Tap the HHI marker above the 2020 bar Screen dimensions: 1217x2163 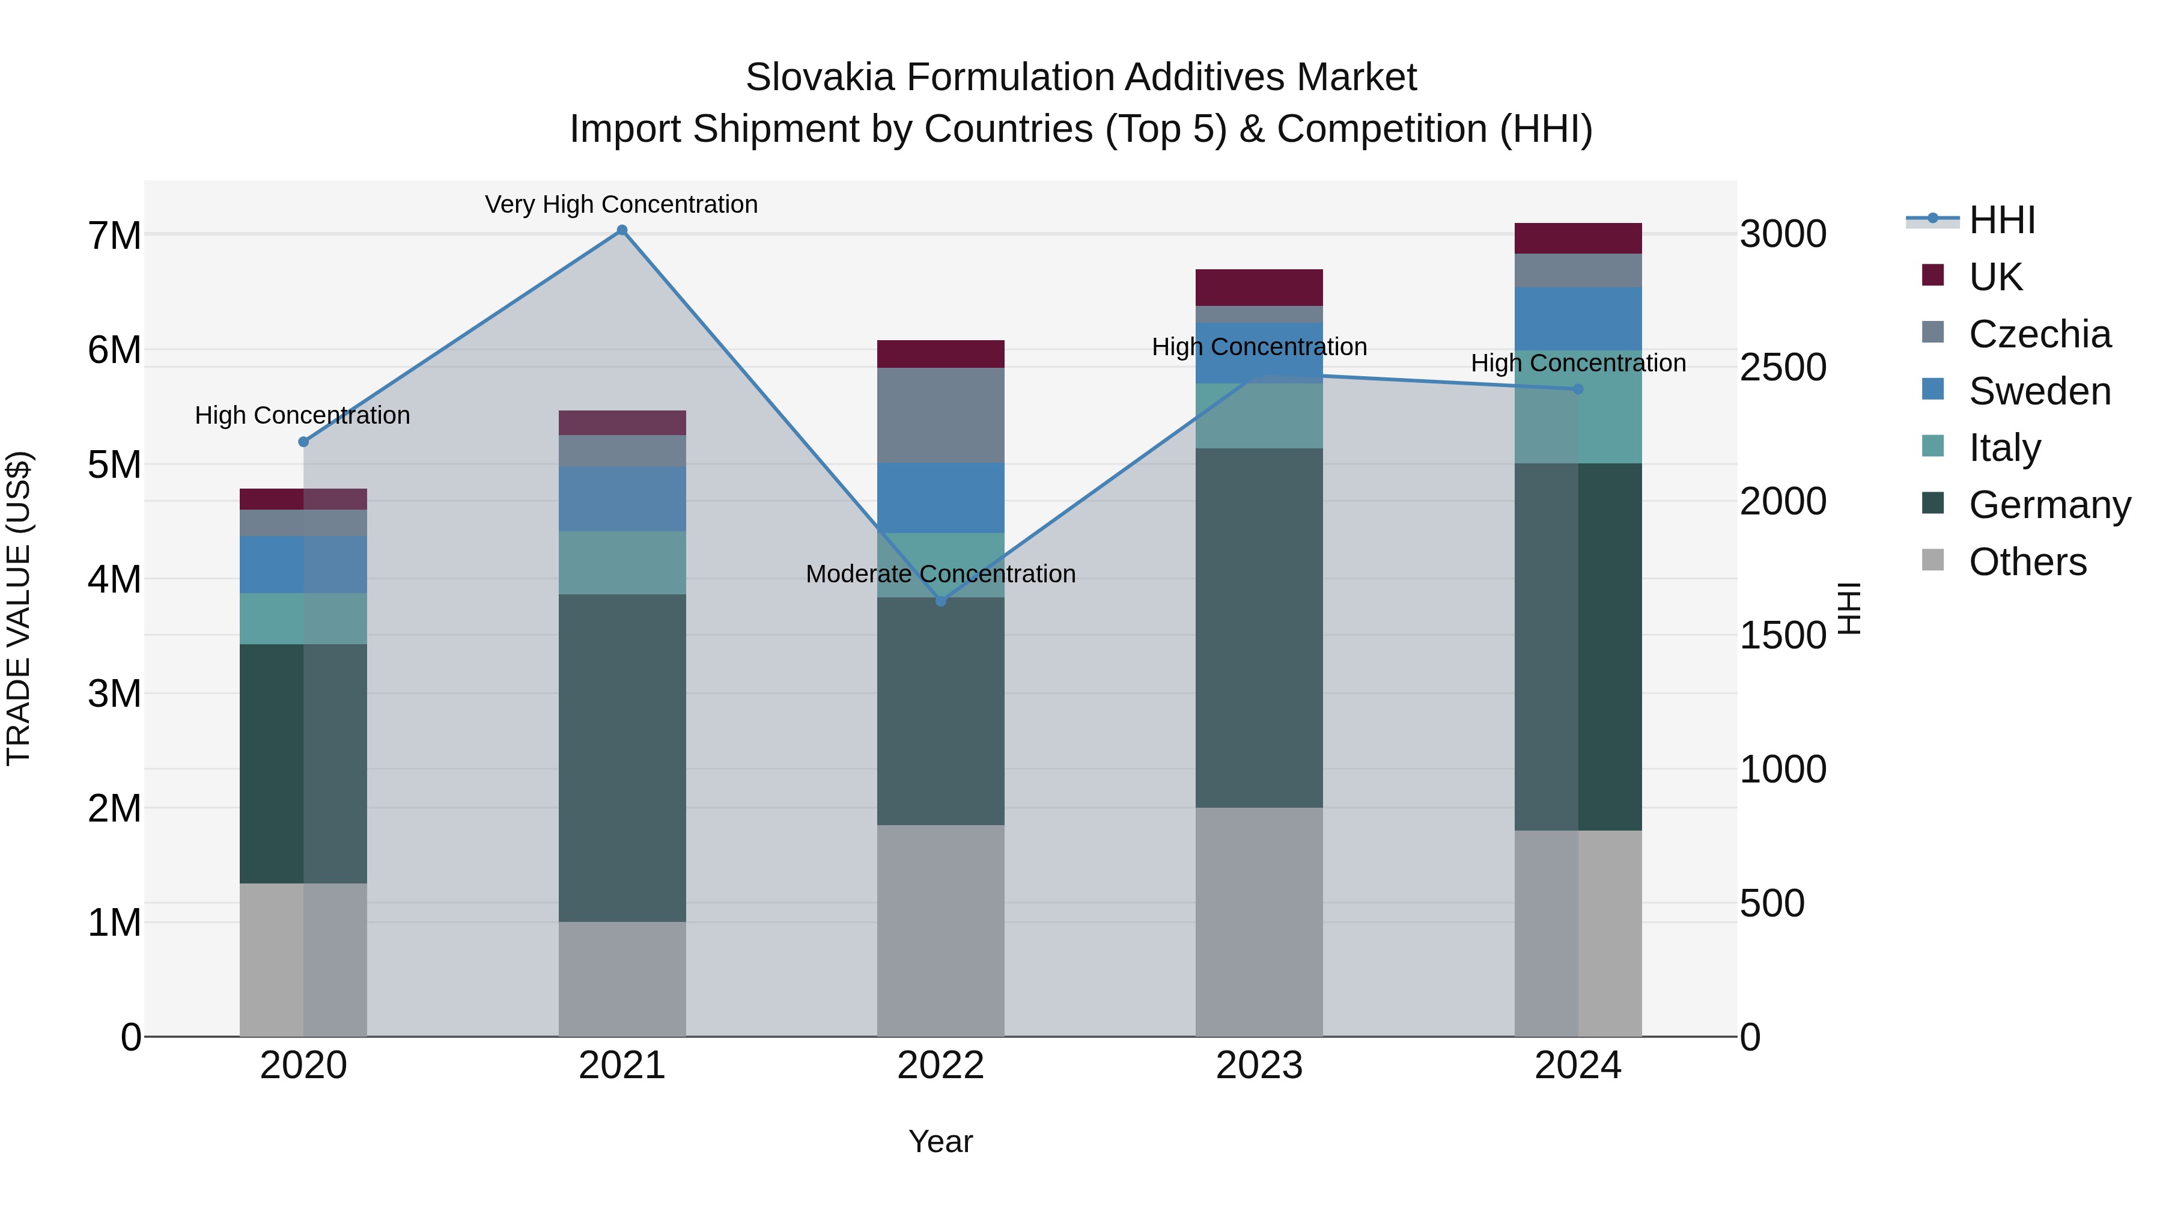pyautogui.click(x=304, y=442)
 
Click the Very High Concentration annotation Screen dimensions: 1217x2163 pyautogui.click(x=621, y=204)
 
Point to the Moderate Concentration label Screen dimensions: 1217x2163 pyautogui.click(x=940, y=575)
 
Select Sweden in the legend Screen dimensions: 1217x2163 pyautogui.click(x=2039, y=391)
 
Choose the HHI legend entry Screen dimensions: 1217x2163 pyautogui.click(x=2002, y=220)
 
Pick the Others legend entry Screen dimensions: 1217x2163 pyautogui.click(x=2027, y=562)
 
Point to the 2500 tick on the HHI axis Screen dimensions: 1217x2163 pyautogui.click(x=1783, y=368)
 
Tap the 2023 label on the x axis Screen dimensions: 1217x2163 pyautogui.click(x=1259, y=1066)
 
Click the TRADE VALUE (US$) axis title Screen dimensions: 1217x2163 pyautogui.click(x=19, y=608)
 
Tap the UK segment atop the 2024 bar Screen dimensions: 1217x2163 pyautogui.click(x=1578, y=239)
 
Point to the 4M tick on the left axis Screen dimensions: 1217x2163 pyautogui.click(x=114, y=579)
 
